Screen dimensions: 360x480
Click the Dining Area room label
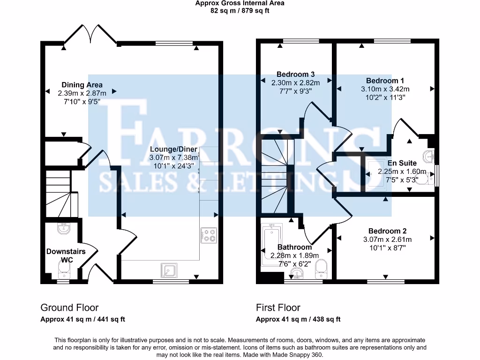tap(82, 85)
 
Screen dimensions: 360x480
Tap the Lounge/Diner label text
tap(173, 149)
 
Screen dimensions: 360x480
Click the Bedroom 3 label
tap(295, 74)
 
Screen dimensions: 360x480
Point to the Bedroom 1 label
tap(385, 81)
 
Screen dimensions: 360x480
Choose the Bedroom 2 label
tap(387, 231)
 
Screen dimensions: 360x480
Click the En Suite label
tap(402, 163)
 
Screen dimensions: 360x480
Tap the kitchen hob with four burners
tap(209, 235)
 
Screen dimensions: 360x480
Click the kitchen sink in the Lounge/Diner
tap(169, 270)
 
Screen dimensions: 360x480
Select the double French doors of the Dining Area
tap(90, 35)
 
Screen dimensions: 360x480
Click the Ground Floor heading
tap(69, 307)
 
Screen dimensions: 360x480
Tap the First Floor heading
tap(278, 307)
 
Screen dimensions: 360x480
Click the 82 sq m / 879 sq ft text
tap(240, 10)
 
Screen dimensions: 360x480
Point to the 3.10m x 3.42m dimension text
tap(385, 89)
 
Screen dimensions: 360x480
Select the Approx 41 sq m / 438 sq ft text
tap(298, 319)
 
